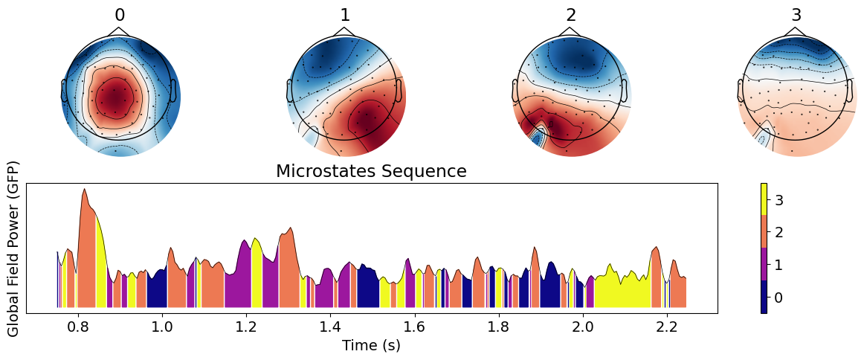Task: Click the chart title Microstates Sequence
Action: [371, 172]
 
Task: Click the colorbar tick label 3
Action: [777, 199]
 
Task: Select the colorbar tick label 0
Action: [777, 298]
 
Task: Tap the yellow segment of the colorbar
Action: [764, 199]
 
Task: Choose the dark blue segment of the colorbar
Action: [764, 297]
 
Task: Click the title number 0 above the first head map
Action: [120, 16]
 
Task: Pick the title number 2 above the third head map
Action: [570, 16]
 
